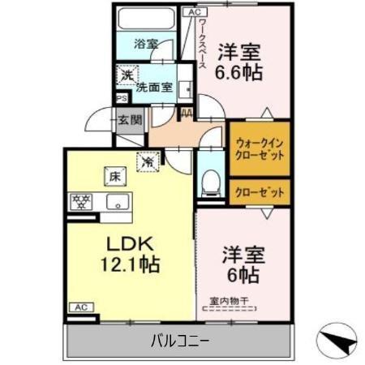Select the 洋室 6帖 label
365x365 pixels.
click(241, 264)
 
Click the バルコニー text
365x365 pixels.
click(180, 341)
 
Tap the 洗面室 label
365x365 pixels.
click(154, 87)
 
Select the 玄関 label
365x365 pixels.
click(130, 120)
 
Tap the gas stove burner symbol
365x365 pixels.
click(82, 201)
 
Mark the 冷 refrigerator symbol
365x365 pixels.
click(149, 161)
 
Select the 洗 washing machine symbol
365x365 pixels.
click(127, 75)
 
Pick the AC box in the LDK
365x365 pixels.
click(81, 307)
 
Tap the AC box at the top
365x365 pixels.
click(193, 12)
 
